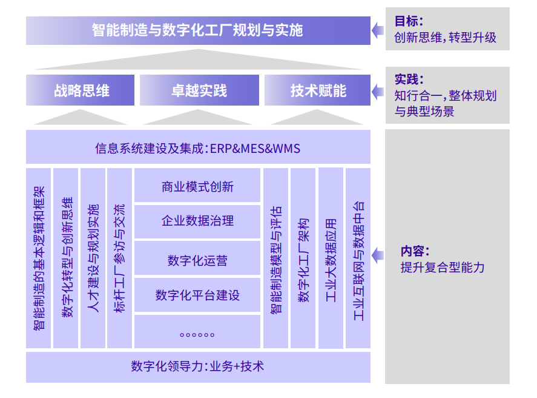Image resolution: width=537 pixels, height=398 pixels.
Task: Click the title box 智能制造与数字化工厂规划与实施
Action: (198, 30)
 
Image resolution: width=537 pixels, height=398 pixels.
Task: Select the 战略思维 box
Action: (80, 90)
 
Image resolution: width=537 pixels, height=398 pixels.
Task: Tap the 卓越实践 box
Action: (199, 90)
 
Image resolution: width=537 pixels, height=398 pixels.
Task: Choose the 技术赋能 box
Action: (317, 90)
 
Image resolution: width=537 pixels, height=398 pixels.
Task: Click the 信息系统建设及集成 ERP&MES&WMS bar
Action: (198, 147)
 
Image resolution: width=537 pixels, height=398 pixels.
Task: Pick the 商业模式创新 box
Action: (197, 185)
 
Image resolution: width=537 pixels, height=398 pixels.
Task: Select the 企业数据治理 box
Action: (197, 221)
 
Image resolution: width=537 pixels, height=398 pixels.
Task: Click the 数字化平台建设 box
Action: (197, 295)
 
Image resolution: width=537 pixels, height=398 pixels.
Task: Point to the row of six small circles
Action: (197, 335)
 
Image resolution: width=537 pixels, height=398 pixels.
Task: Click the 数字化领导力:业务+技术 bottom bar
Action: (198, 367)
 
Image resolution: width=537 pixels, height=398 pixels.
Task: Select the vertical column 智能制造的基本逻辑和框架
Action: (38, 258)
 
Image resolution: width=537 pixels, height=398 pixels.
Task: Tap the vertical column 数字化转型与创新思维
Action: (66, 258)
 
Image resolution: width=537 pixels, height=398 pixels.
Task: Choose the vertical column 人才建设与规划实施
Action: (93, 258)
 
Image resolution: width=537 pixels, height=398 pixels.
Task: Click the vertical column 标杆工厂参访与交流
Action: (119, 258)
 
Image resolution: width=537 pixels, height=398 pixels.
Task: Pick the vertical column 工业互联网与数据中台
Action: (358, 258)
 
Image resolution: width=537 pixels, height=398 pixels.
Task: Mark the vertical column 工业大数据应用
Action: (331, 258)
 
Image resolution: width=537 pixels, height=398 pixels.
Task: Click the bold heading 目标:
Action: (409, 21)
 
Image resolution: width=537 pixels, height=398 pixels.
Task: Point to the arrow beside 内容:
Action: (377, 255)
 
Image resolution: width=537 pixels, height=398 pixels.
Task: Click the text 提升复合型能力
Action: (443, 268)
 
